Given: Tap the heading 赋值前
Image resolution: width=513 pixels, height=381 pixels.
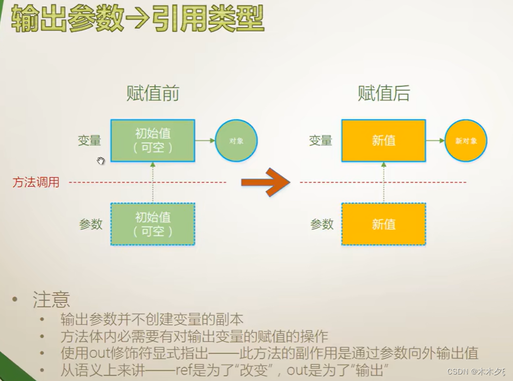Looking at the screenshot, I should point(152,93).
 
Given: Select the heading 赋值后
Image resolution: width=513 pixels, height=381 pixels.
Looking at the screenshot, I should point(383,93).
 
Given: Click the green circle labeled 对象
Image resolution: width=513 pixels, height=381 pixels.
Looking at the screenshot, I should point(236,141).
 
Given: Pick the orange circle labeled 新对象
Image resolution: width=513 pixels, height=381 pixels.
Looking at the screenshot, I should point(466,141).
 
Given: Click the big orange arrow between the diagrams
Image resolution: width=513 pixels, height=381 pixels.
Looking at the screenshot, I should point(265,182).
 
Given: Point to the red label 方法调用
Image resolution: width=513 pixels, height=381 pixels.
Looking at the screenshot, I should point(36,182).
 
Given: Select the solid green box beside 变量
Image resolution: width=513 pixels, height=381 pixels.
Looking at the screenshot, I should point(152,140).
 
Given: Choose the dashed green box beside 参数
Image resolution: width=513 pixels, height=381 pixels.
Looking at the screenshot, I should point(152,224).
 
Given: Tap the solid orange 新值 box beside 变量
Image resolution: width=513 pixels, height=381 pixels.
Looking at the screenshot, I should point(383,141).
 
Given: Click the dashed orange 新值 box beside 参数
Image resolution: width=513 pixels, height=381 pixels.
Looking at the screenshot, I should point(383,224).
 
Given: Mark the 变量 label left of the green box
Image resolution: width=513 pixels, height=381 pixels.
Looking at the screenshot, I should point(89,141).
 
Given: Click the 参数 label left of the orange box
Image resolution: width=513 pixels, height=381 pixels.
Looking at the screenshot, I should point(322,224).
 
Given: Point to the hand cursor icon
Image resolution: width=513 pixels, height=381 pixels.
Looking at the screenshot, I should point(100,160).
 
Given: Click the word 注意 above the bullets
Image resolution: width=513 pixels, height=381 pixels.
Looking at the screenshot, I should point(51,300).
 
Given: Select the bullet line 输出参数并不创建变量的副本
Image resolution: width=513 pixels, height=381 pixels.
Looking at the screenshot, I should point(152,319).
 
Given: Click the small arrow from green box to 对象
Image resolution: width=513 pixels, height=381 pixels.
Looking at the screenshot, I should point(205,141).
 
